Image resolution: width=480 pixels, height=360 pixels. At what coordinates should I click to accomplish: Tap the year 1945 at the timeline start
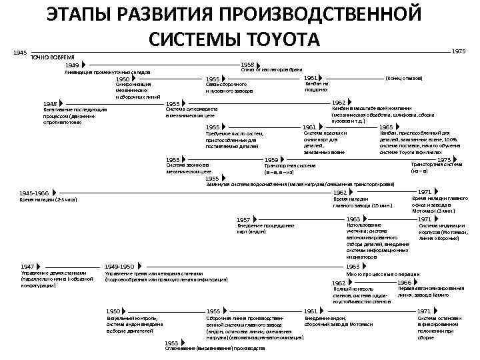20,52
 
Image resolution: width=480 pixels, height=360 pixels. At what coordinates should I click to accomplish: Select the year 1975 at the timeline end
459,51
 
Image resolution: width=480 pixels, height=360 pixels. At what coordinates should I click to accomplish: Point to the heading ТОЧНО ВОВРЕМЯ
53,58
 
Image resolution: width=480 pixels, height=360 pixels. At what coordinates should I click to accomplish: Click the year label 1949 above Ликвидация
72,65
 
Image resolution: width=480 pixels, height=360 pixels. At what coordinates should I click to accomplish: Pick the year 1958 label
247,65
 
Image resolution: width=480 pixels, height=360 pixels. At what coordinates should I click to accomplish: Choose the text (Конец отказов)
404,78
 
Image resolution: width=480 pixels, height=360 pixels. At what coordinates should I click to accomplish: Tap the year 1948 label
50,104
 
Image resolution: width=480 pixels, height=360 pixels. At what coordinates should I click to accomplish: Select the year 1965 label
386,127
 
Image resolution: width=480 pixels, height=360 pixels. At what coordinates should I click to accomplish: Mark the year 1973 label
443,159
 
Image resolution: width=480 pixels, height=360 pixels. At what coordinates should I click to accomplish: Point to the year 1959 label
271,159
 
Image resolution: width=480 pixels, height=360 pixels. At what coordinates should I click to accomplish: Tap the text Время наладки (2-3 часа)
49,199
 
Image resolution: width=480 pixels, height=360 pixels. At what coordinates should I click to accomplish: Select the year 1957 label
243,219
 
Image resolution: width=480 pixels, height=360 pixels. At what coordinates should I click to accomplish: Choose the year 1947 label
27,267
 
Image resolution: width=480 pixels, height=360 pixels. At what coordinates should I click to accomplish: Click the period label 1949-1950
120,267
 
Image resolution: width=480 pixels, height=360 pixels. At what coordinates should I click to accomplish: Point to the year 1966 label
404,283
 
